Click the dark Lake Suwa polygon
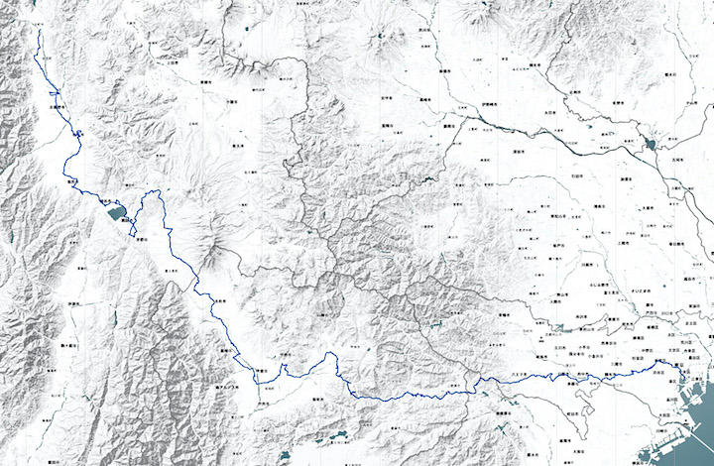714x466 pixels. [x=114, y=210]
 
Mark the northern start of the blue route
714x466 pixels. [x=39, y=31]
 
